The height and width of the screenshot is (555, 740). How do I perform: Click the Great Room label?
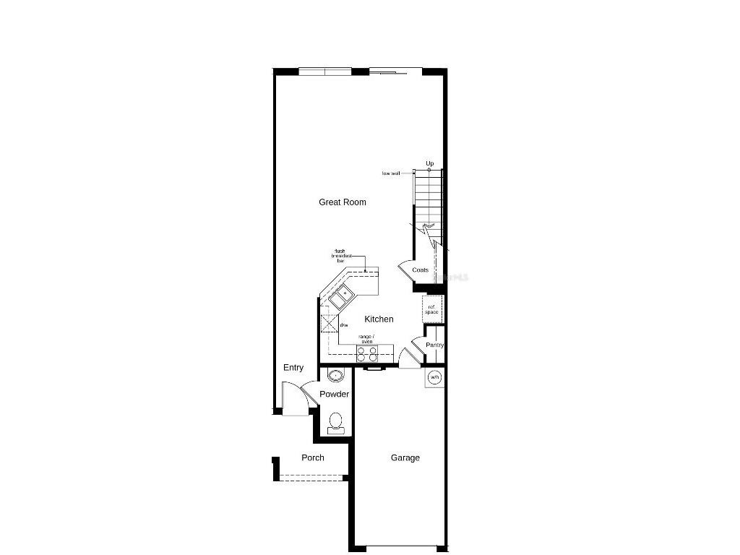click(343, 202)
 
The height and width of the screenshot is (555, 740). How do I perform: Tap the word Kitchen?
click(379, 319)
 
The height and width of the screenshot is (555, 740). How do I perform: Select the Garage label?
click(405, 457)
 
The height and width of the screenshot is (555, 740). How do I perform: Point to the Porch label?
click(312, 457)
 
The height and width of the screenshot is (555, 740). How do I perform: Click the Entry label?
click(293, 368)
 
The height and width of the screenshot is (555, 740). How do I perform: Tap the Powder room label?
click(335, 394)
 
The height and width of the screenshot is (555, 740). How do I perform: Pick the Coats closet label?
click(420, 270)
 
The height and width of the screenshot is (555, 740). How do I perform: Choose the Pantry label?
click(434, 345)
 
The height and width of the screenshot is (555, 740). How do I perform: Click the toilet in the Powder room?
click(336, 421)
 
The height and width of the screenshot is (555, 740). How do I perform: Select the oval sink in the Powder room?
click(335, 375)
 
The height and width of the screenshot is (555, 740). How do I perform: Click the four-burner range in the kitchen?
click(367, 353)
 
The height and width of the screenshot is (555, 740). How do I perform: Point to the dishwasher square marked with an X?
click(330, 322)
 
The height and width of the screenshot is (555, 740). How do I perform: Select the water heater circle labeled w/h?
click(434, 377)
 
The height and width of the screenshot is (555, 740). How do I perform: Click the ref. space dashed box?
click(432, 309)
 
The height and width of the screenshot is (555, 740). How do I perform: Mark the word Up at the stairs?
click(429, 163)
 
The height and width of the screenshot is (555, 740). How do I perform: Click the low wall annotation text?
click(391, 173)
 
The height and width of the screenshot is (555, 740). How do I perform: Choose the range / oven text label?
click(367, 340)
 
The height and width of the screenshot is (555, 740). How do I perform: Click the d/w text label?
click(343, 326)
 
